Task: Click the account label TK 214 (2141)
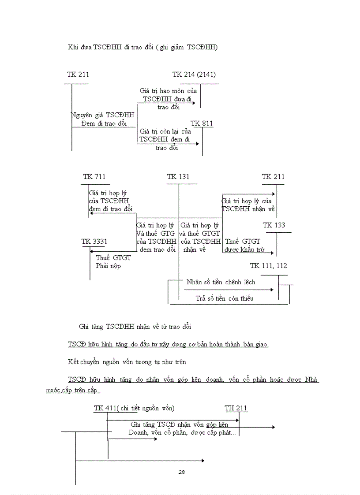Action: point(194,74)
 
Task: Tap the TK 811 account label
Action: point(202,123)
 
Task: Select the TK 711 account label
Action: point(94,177)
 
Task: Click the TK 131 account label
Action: point(178,177)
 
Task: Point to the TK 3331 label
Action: point(94,242)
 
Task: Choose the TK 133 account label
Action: point(274,225)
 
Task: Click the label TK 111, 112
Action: point(268,266)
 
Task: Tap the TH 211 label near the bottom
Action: point(236,408)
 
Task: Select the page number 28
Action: point(181,472)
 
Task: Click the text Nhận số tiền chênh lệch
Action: point(221,282)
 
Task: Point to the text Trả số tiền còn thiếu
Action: point(225,298)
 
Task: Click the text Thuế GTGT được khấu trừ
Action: point(244,246)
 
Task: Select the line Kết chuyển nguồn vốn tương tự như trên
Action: point(127,362)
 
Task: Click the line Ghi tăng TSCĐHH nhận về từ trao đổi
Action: point(135,327)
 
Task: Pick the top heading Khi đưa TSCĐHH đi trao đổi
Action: point(142,48)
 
